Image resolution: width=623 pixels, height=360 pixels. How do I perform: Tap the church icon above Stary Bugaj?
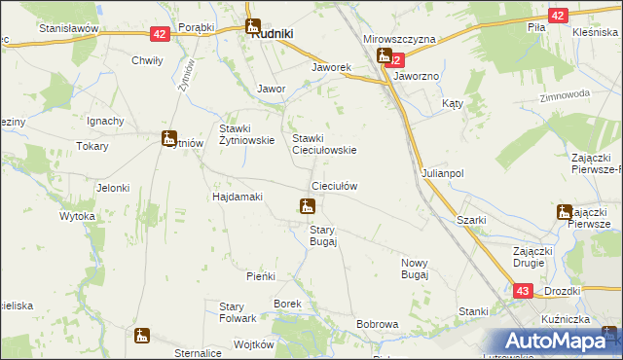307,206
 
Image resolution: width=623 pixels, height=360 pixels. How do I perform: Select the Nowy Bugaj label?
415,269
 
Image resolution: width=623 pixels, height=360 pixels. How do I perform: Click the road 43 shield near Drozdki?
523,291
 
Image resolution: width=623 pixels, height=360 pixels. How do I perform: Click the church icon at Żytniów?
169,139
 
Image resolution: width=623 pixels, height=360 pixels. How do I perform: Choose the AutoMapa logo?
556,341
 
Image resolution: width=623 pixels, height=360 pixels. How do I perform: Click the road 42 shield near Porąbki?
160,34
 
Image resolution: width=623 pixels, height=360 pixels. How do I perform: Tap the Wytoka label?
78,216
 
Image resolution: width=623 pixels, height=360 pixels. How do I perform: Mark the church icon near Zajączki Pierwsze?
565,211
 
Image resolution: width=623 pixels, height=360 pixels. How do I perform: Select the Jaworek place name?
330,68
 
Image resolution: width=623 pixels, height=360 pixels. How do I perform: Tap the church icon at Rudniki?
253,28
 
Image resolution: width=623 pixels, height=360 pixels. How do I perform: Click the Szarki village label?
471,221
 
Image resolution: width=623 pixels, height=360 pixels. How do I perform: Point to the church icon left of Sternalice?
142,336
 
